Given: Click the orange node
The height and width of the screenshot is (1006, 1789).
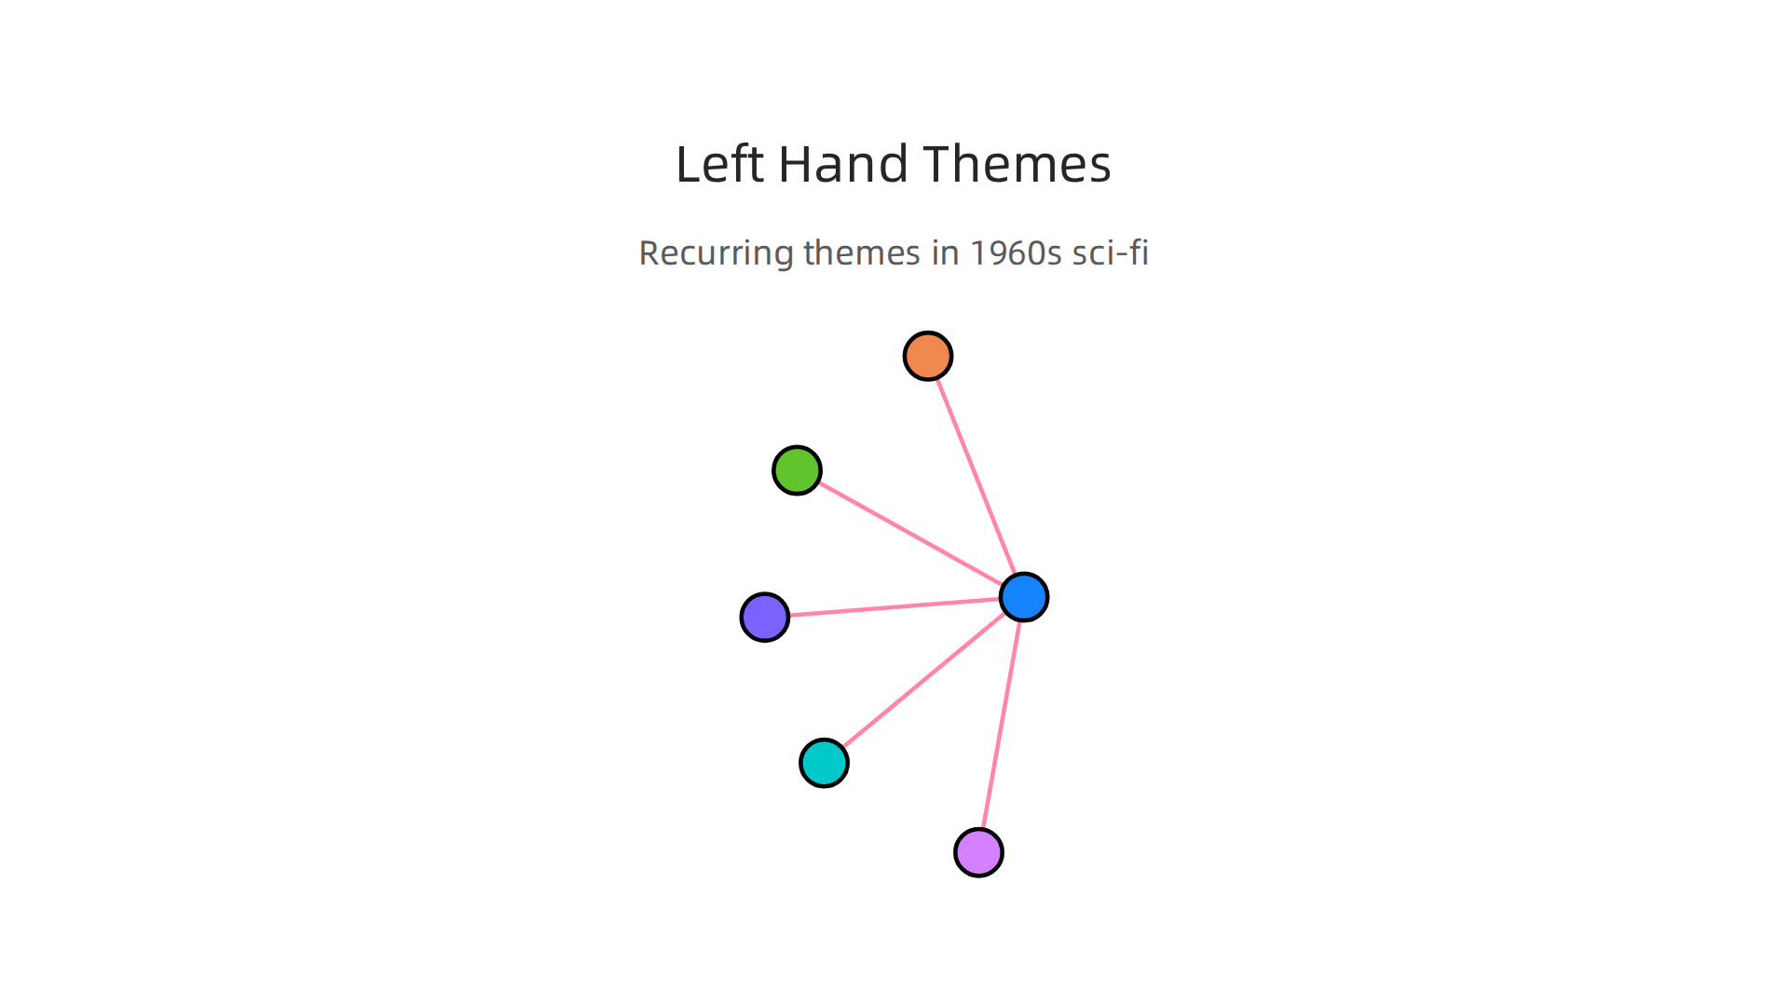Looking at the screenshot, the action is coord(928,356).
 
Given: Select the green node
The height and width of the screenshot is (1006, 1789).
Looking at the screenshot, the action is coord(797,470).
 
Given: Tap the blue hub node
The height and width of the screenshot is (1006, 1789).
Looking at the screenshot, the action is coord(1024,597).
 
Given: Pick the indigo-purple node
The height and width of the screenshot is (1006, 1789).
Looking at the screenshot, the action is coord(765,617).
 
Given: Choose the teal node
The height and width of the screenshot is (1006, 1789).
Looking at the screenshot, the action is coord(825,763).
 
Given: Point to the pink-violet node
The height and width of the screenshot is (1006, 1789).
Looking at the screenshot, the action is coord(979,852).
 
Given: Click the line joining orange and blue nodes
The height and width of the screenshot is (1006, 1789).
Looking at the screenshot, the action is coord(976,477).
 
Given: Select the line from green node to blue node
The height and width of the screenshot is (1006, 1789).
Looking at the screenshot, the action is coord(910,534).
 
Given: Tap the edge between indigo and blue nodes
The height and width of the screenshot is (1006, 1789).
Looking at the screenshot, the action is coord(894,607).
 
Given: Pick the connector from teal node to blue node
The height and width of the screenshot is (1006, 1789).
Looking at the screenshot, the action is coord(924,680).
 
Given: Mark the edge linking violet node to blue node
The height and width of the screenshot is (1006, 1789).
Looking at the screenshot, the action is coord(1002,725).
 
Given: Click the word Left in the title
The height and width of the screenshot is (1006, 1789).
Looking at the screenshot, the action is coord(719,164).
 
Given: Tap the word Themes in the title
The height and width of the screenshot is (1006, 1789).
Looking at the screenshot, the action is coord(1018,164).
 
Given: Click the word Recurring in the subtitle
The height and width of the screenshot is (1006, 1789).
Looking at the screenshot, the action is coord(717,253).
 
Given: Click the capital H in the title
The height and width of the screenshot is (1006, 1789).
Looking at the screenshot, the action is coord(797,164).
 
